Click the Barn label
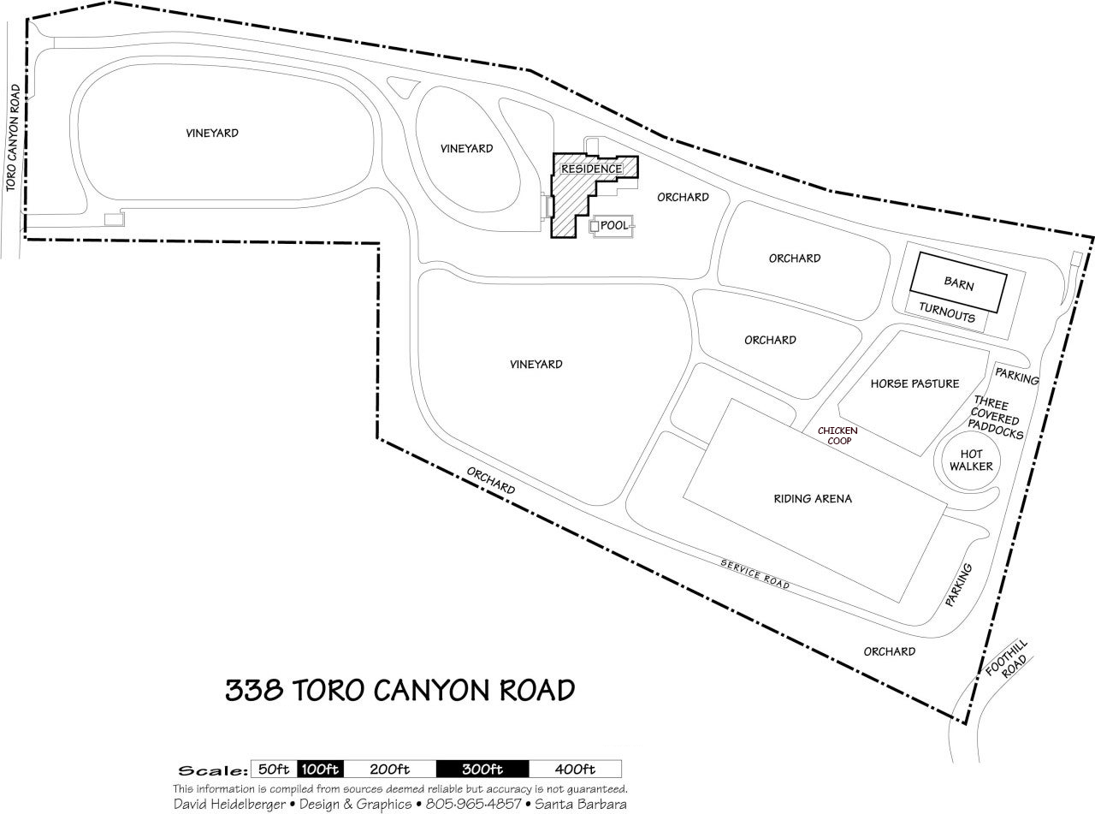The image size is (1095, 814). pos(958,282)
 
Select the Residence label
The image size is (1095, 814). pos(591,169)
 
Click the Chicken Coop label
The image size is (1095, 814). pos(838,436)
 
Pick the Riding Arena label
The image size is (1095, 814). pos(813,498)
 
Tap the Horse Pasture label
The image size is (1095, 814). pos(914,383)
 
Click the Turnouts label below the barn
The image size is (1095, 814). pos(947,317)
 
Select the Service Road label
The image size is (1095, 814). pos(755,574)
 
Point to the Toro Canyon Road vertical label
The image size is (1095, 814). pos(11,138)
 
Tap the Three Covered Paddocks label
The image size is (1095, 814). pos(995,419)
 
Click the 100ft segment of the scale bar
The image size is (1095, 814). pos(320,769)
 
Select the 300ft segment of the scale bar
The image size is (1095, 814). pos(482,769)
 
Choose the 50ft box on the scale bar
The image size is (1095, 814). pos(272,769)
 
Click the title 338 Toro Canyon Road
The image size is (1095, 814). pos(400,690)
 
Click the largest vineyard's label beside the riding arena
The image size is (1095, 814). pos(536,364)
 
